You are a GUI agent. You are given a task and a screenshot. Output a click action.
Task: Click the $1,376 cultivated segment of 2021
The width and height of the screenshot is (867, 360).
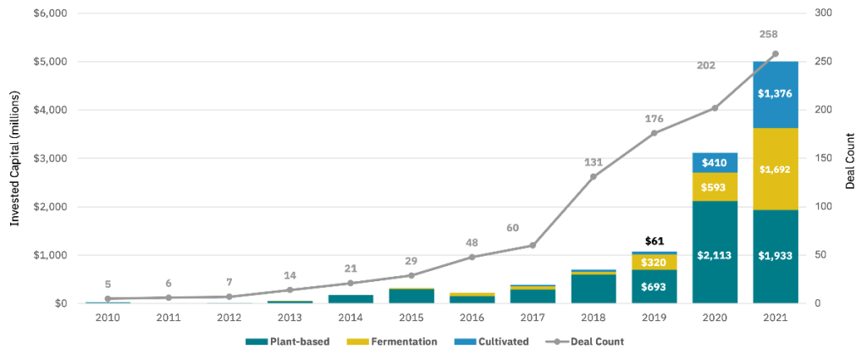pos(775,94)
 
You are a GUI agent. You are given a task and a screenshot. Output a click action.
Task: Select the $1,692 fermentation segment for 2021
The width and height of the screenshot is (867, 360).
pos(775,169)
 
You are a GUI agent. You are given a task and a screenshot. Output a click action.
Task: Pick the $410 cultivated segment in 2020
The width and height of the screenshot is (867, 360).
pos(715,162)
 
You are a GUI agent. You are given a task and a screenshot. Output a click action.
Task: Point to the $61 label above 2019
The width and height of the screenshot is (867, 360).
pos(654,241)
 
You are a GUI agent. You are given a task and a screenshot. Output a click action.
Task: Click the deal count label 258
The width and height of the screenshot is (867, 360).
pos(768,35)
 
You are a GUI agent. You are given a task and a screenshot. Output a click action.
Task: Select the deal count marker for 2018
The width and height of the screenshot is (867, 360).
pos(594,176)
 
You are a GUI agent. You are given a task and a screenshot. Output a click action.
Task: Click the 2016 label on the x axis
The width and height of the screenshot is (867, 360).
pos(472,318)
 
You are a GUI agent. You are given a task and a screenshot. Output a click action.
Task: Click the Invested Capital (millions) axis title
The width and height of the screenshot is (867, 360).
pos(14,158)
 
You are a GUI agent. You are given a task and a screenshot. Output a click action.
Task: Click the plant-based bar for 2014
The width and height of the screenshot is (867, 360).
pos(351,298)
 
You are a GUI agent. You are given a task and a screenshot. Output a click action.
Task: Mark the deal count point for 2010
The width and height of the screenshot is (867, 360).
pos(108,298)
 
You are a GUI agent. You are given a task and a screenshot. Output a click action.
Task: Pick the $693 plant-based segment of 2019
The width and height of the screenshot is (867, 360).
pos(654,286)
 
